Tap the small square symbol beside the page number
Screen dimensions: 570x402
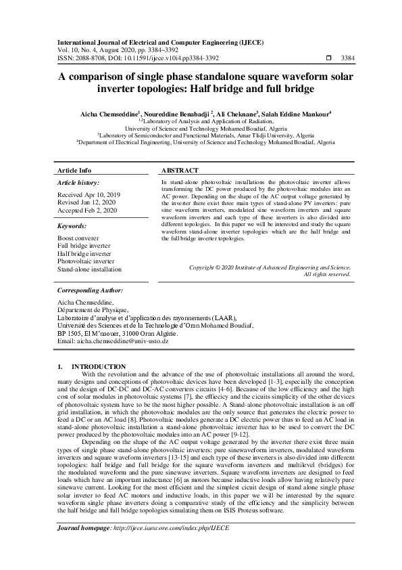(x=328, y=58)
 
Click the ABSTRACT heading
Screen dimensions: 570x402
(x=180, y=171)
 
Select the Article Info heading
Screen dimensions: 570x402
(x=74, y=171)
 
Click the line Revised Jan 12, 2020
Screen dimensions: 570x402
(x=86, y=202)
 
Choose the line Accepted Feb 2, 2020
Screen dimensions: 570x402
(x=88, y=211)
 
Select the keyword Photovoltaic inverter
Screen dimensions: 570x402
(x=86, y=261)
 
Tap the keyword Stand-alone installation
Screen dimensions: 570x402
(x=90, y=269)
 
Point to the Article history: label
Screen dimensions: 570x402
(x=78, y=183)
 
